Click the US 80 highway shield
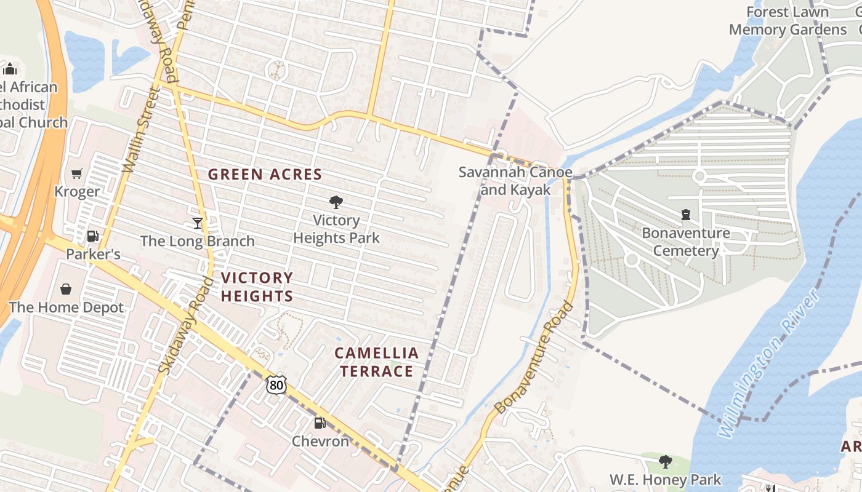pyautogui.click(x=276, y=385)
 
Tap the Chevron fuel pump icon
pyautogui.click(x=320, y=423)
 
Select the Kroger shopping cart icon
pyautogui.click(x=76, y=174)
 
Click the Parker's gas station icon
pyautogui.click(x=92, y=236)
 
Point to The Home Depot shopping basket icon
pyautogui.click(x=66, y=289)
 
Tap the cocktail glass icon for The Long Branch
pyautogui.click(x=198, y=223)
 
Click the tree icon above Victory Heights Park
pyautogui.click(x=336, y=202)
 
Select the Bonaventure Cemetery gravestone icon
pyautogui.click(x=685, y=215)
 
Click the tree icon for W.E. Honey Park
pyautogui.click(x=665, y=461)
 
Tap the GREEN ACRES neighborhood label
pyautogui.click(x=265, y=175)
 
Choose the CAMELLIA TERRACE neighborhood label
pyautogui.click(x=376, y=362)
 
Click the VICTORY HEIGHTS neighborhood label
pyautogui.click(x=257, y=287)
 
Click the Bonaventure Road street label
pyautogui.click(x=534, y=357)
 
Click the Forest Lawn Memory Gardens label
pyautogui.click(x=787, y=21)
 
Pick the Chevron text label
pyautogui.click(x=320, y=441)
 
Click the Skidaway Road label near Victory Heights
pyautogui.click(x=185, y=325)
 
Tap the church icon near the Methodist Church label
pyautogui.click(x=9, y=68)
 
